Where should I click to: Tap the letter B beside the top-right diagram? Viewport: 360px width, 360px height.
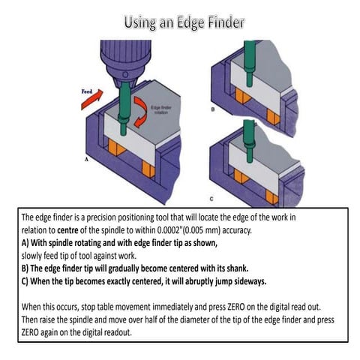coord(214,108)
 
